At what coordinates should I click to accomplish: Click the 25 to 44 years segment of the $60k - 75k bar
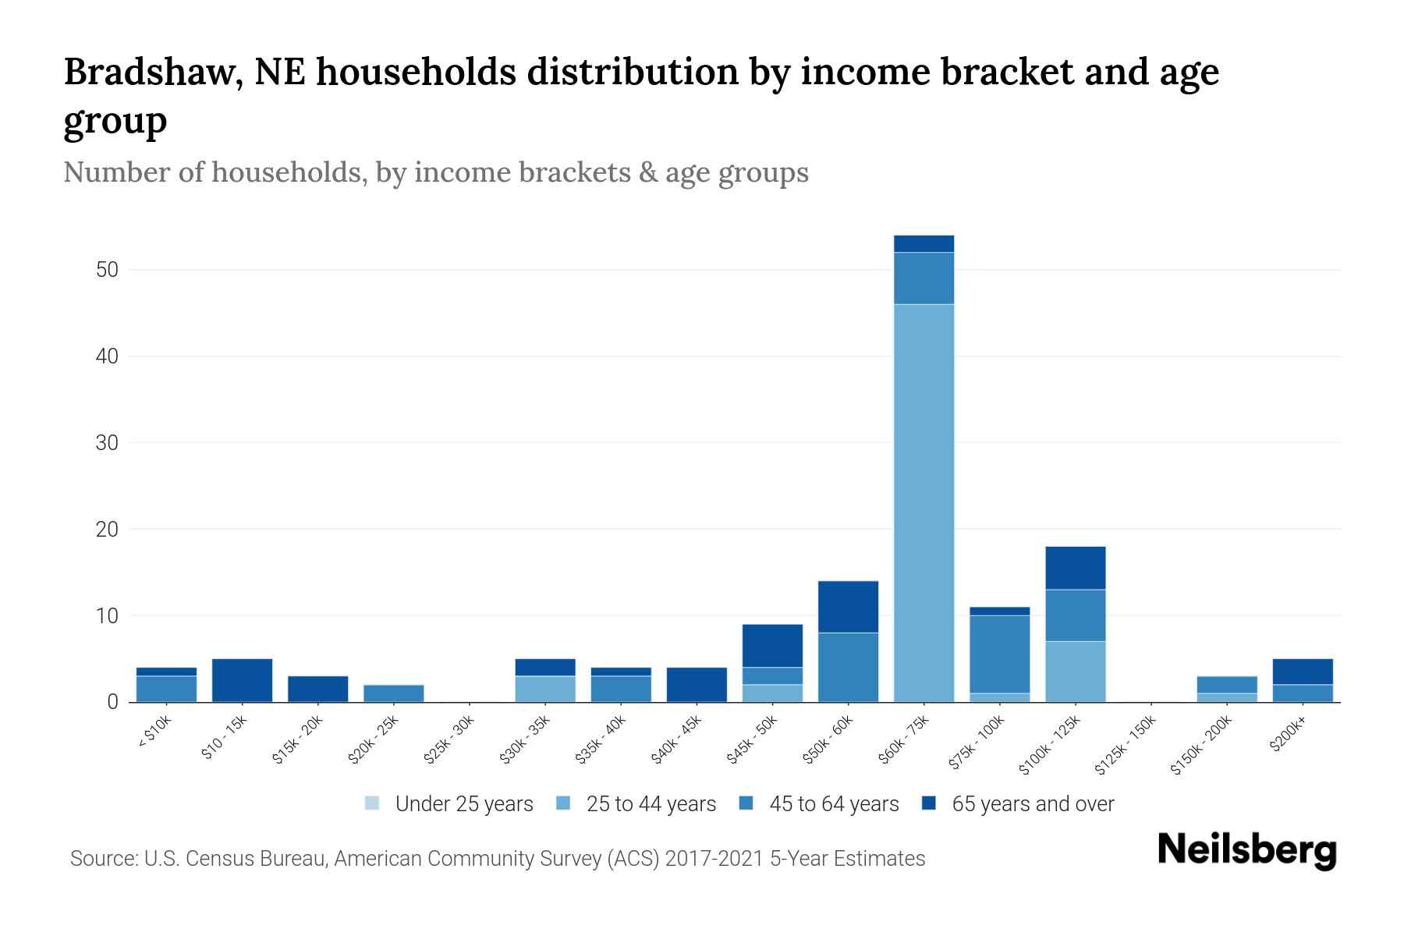pyautogui.click(x=924, y=503)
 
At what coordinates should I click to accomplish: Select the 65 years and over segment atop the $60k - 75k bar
pyautogui.click(x=924, y=243)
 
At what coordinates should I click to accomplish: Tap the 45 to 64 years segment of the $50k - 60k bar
pyautogui.click(x=848, y=667)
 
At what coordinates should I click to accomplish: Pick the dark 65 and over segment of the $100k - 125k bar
pyautogui.click(x=1075, y=568)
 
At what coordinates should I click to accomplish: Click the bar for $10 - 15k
pyautogui.click(x=242, y=680)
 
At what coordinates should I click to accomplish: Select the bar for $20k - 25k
pyautogui.click(x=394, y=693)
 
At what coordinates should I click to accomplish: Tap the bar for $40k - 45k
pyautogui.click(x=697, y=684)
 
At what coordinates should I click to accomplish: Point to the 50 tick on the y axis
pyautogui.click(x=107, y=270)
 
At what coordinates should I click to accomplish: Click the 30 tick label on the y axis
pyautogui.click(x=107, y=443)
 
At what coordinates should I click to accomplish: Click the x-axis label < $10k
pyautogui.click(x=154, y=732)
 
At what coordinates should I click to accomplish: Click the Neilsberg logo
pyautogui.click(x=1246, y=850)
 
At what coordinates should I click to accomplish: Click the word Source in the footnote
pyautogui.click(x=103, y=859)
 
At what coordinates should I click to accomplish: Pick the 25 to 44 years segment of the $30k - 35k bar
pyautogui.click(x=545, y=689)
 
